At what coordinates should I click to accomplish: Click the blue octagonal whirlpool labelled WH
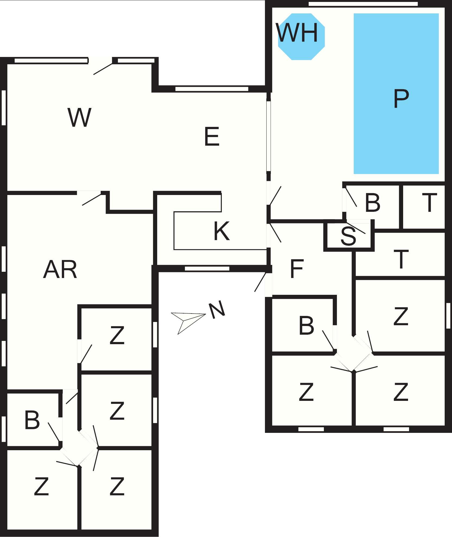coord(301,37)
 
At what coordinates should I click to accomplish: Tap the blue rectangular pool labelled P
coord(396,94)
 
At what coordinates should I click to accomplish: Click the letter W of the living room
coord(79,117)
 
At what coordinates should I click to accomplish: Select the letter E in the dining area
coord(212,137)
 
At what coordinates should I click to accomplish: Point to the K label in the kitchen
coord(222,231)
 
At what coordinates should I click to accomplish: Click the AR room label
coord(60,269)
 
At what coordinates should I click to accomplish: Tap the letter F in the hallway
coord(296,269)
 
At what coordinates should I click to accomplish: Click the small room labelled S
coord(349,236)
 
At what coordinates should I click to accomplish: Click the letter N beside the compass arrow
coord(217,309)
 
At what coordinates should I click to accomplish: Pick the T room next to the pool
coord(424,207)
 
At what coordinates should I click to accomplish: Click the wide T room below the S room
coord(400,255)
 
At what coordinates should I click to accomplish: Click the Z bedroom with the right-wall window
coord(400,316)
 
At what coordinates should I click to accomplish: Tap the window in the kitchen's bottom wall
coord(207,268)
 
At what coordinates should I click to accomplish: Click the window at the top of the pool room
coord(363,4)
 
